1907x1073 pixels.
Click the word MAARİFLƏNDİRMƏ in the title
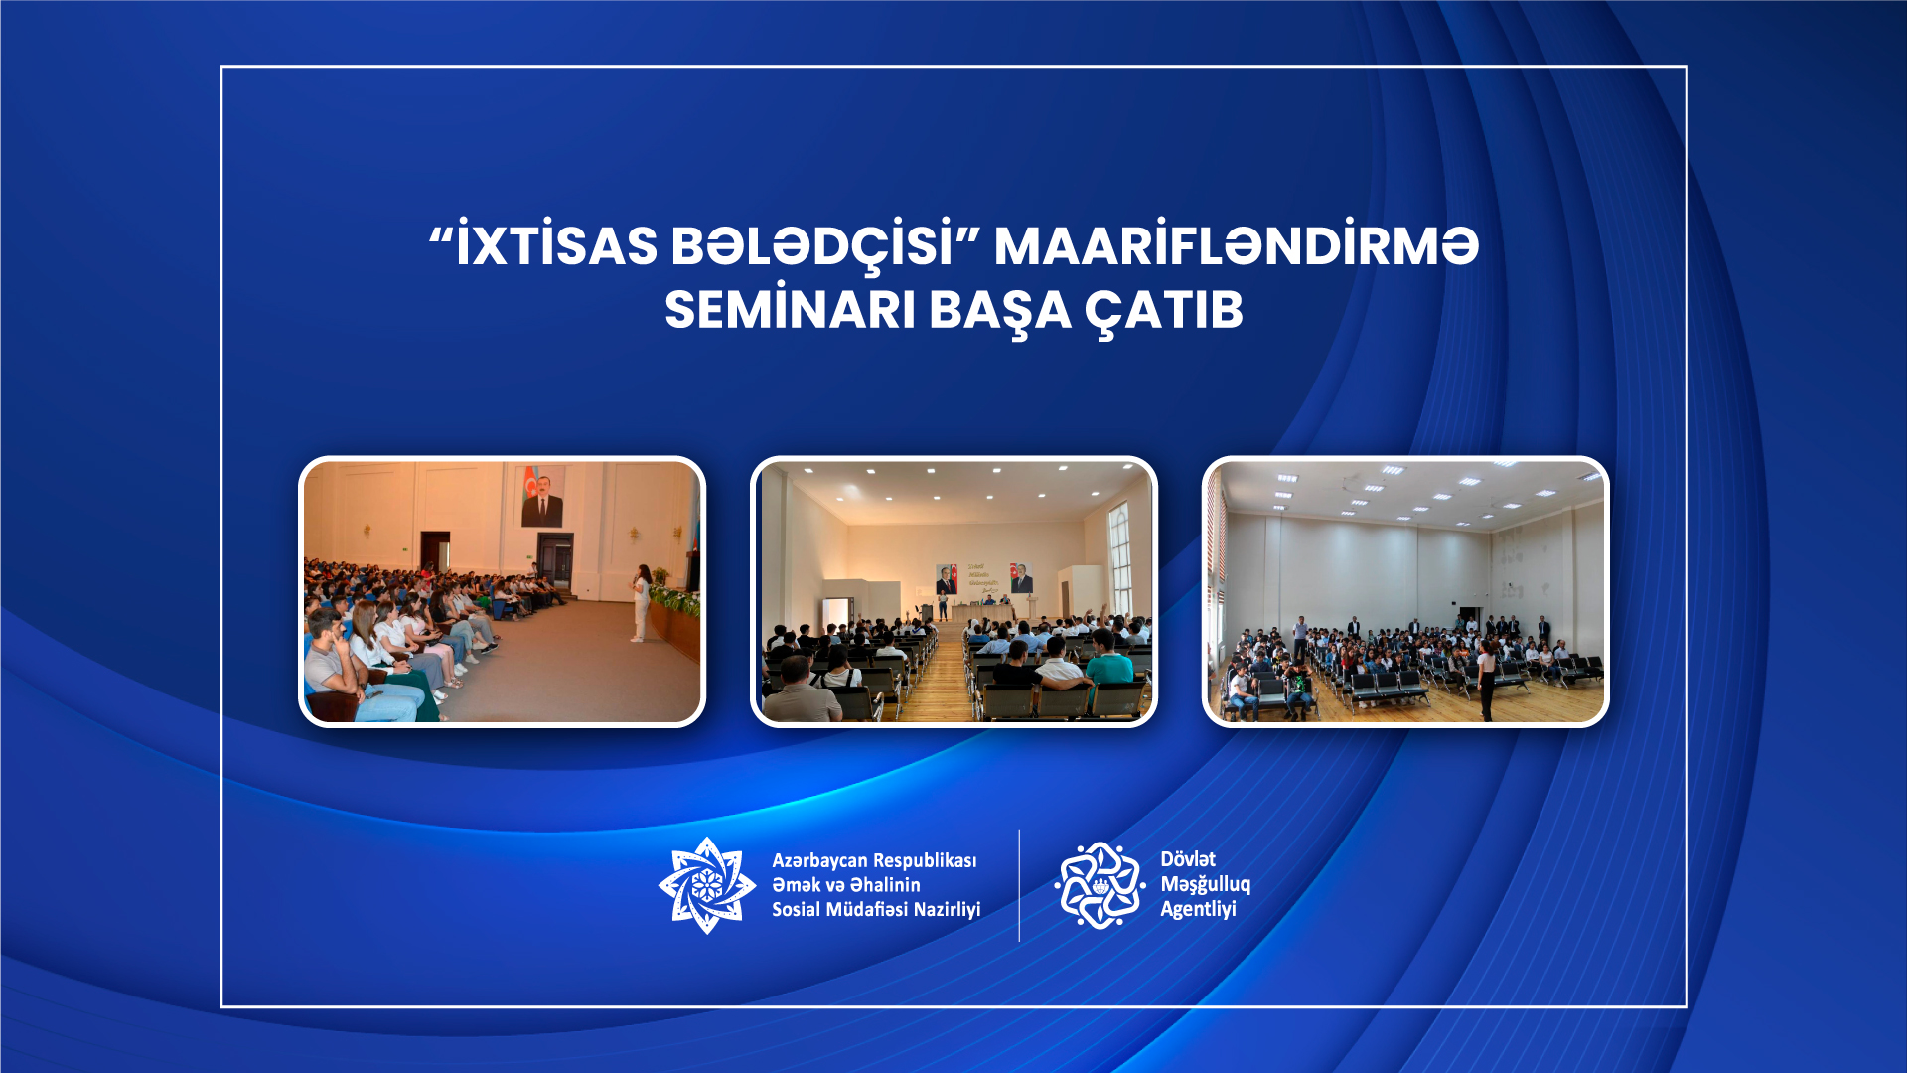(1237, 245)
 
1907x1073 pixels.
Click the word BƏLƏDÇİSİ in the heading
(811, 245)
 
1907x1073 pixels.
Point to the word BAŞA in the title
(1000, 312)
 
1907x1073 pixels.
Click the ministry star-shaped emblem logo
(707, 885)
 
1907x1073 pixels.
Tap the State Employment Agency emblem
(1100, 885)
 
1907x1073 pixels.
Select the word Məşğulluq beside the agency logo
(1206, 885)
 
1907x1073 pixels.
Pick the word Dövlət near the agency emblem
(1188, 859)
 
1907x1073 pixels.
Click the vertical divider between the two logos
(1019, 885)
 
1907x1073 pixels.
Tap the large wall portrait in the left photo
(541, 496)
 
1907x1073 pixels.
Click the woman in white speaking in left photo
(642, 603)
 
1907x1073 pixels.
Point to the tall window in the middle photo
(1119, 558)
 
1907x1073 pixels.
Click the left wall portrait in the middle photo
(946, 579)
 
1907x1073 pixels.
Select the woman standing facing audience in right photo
(1486, 679)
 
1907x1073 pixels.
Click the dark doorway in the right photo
(1470, 617)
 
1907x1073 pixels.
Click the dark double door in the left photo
(555, 560)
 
